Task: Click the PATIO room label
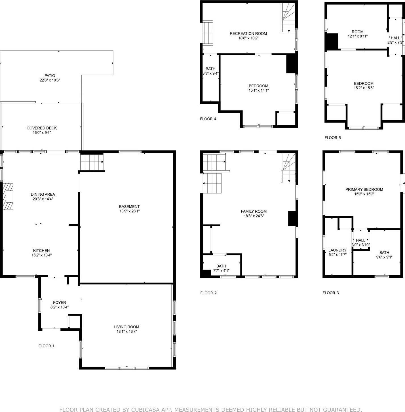pos(50,76)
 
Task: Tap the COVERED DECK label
pos(42,128)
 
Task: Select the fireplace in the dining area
pos(8,196)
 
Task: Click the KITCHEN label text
pos(41,251)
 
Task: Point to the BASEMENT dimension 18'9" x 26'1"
pos(129,211)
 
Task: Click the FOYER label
pos(60,303)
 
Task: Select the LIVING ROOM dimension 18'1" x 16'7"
pos(126,331)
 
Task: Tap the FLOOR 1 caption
pos(47,346)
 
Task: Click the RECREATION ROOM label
pos(248,33)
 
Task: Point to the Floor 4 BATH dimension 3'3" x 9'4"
pos(210,73)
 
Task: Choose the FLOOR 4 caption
pos(208,119)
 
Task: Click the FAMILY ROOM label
pos(254,211)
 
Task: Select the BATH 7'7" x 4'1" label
pos(221,268)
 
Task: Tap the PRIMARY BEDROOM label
pos(364,189)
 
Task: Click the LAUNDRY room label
pos(337,250)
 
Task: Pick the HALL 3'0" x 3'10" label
pos(360,243)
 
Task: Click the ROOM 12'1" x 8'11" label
pos(357,34)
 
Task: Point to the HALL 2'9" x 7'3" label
pos(395,40)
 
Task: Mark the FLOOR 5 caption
pos(333,138)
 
